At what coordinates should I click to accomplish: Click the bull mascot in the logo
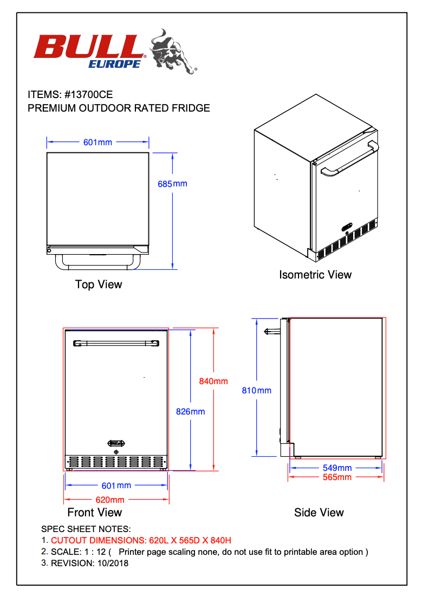172,51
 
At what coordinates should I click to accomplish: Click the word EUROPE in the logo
115,64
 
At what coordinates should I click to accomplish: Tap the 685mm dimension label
172,184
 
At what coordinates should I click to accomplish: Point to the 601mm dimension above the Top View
98,142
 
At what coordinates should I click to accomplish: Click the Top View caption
99,284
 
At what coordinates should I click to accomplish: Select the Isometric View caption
315,275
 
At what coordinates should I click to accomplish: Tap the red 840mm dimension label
213,381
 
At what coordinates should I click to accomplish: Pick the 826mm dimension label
190,412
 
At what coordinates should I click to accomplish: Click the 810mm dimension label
257,390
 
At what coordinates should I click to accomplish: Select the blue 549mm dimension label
337,468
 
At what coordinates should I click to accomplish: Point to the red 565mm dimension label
337,477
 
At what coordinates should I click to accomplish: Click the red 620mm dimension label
110,500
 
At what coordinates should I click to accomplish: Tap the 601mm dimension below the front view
116,485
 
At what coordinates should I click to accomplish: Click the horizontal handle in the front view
116,343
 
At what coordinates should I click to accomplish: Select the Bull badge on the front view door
116,442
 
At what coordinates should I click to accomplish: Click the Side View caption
319,513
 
